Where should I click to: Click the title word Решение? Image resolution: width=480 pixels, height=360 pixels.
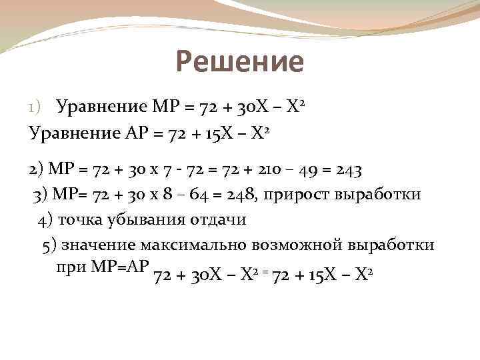coord(240,63)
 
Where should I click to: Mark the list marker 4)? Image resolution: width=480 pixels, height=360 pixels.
coord(46,219)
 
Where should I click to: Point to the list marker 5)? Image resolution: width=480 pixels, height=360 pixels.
coord(49,245)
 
